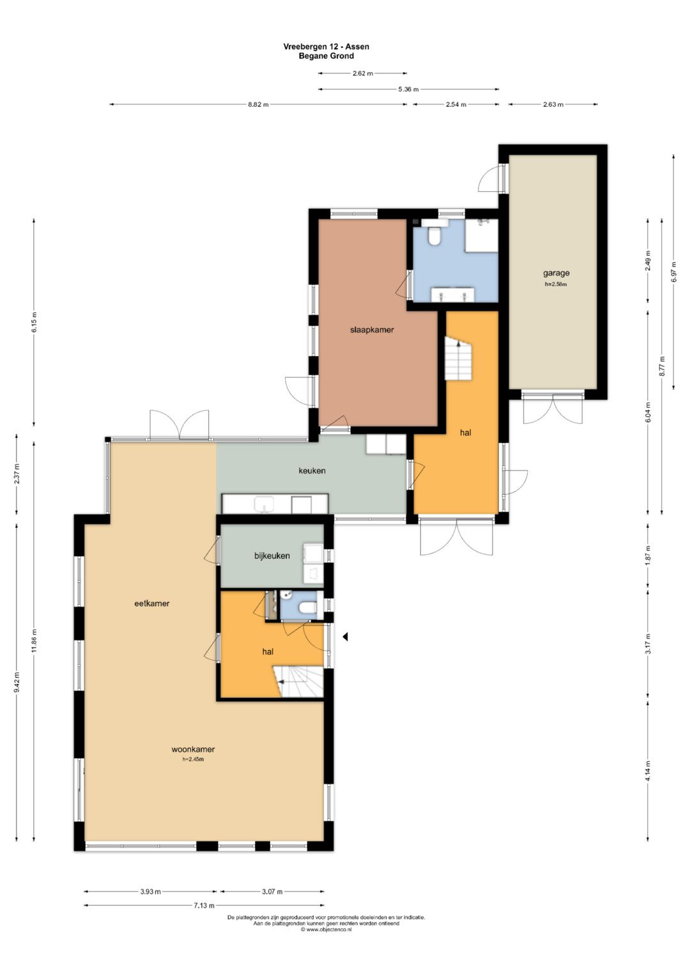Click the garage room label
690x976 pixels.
tap(556, 273)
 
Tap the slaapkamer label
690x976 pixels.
tap(372, 330)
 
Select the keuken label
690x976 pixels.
tap(312, 470)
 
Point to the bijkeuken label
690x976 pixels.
tap(272, 556)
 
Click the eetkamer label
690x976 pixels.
tap(151, 603)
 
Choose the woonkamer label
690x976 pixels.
tap(193, 750)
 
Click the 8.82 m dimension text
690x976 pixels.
tap(258, 105)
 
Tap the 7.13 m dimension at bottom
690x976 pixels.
tap(204, 906)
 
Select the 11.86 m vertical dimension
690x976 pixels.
tap(34, 641)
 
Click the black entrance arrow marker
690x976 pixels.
tap(345, 637)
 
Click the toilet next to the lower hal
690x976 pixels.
tap(307, 607)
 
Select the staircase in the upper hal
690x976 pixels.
tap(458, 358)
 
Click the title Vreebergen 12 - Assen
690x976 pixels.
tap(326, 47)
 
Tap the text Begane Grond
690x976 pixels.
tap(326, 56)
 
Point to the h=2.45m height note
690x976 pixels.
tap(193, 759)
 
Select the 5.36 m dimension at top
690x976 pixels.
tap(409, 89)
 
